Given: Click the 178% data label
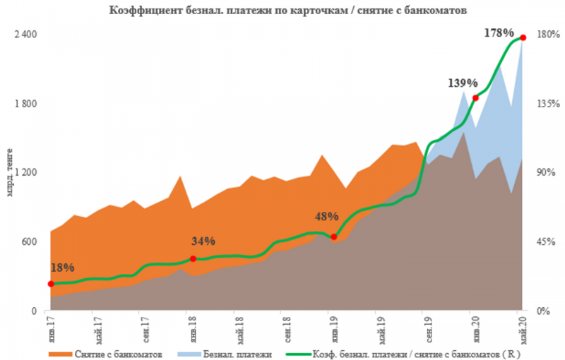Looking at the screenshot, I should pyautogui.click(x=500, y=32).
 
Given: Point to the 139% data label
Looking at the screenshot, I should pyautogui.click(x=462, y=83).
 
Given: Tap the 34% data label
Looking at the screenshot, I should pyautogui.click(x=203, y=241).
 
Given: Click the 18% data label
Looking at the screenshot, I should pyautogui.click(x=62, y=268).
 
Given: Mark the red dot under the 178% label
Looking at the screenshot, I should pyautogui.click(x=523, y=37).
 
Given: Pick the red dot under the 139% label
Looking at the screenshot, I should pyautogui.click(x=475, y=97).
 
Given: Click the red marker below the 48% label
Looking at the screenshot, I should pyautogui.click(x=333, y=236).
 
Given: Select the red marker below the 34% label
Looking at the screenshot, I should pyautogui.click(x=193, y=259).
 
